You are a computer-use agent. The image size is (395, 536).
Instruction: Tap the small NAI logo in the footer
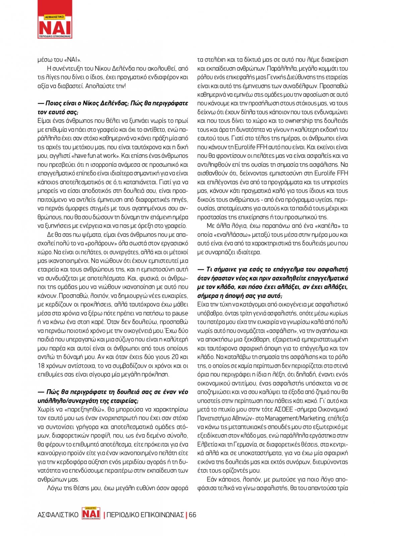pos(91,514)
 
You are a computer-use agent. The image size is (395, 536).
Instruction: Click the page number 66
pos(192,515)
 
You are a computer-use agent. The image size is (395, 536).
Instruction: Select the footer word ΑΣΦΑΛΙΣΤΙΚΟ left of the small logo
pos(58,515)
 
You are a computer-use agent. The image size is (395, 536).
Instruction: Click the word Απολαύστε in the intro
pos(100,86)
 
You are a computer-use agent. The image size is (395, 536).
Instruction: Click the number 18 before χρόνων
pos(41,366)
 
